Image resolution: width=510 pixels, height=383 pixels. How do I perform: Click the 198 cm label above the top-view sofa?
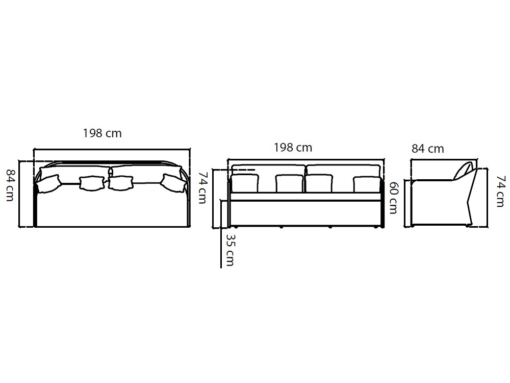102,133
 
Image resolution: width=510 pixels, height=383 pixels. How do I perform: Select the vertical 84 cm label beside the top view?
10,185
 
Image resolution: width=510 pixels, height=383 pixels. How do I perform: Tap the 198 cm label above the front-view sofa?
293,148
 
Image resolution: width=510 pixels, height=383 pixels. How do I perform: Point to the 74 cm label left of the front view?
202,187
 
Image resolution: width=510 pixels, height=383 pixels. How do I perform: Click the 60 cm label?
393,198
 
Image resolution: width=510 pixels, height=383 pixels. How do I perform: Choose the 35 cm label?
229,250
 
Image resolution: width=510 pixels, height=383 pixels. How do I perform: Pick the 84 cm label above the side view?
428,149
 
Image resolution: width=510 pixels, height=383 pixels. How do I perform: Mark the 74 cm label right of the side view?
501,191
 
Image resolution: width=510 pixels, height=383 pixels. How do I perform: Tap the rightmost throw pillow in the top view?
174,183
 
